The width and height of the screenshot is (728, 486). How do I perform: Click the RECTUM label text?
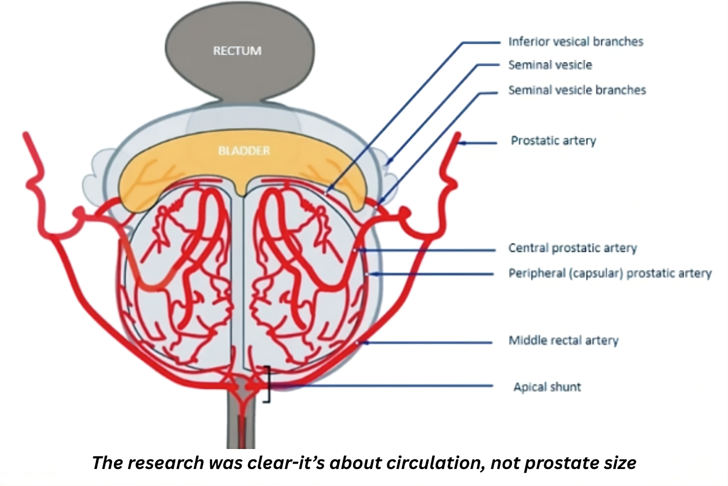pyautogui.click(x=237, y=51)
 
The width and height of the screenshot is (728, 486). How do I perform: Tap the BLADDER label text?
pyautogui.click(x=244, y=151)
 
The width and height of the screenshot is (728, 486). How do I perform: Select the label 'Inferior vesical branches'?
pyautogui.click(x=576, y=42)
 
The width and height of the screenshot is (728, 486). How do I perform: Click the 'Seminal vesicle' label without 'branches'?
pyautogui.click(x=550, y=65)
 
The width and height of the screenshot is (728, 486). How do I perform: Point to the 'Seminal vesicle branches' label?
pyautogui.click(x=577, y=90)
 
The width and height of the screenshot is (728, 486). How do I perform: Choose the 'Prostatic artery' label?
pyautogui.click(x=553, y=141)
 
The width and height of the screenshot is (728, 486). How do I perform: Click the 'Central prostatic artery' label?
pyautogui.click(x=573, y=248)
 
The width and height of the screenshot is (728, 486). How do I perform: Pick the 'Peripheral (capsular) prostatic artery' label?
pyautogui.click(x=610, y=273)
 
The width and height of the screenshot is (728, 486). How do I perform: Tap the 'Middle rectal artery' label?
pyautogui.click(x=563, y=340)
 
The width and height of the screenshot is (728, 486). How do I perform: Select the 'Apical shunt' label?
pyautogui.click(x=547, y=387)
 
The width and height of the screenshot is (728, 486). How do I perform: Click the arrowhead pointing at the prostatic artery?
pyautogui.click(x=462, y=143)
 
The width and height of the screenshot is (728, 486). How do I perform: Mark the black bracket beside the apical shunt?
pyautogui.click(x=267, y=384)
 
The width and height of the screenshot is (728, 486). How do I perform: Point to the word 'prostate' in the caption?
pyautogui.click(x=562, y=463)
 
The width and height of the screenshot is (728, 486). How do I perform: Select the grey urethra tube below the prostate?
pyautogui.click(x=241, y=428)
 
